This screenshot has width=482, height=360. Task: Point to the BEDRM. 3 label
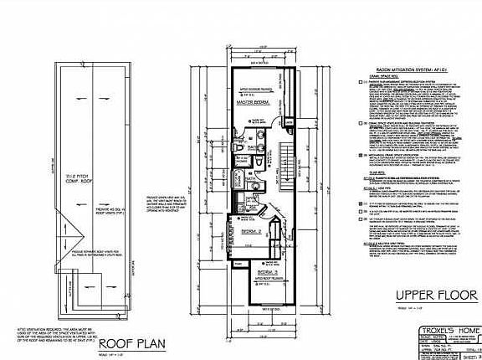click(x=267, y=272)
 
